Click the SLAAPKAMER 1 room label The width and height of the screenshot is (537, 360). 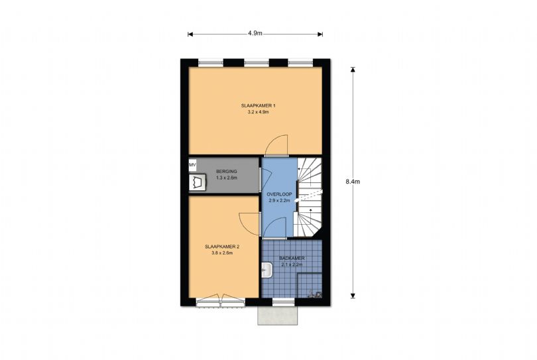[x=259, y=105]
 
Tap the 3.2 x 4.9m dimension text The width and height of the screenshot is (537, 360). [x=259, y=112]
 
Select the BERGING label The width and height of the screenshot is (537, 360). [x=226, y=171]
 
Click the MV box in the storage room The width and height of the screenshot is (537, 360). [x=192, y=165]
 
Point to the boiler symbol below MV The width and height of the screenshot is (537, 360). [x=197, y=182]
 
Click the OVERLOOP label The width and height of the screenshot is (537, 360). [x=280, y=194]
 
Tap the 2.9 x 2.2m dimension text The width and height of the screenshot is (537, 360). [x=280, y=201]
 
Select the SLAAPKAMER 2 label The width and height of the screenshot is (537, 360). [x=222, y=246]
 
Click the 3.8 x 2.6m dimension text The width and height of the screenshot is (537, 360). [x=222, y=253]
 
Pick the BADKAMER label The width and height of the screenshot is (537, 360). [x=292, y=259]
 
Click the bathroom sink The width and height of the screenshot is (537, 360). [x=267, y=270]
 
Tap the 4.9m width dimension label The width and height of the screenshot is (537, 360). [x=255, y=34]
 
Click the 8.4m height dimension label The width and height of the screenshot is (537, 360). [x=353, y=182]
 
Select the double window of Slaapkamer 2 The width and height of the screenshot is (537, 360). [x=221, y=300]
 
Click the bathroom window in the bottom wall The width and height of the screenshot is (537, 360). [x=283, y=302]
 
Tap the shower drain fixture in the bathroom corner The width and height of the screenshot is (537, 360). [x=315, y=294]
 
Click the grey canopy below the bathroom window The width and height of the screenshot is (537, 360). [x=277, y=315]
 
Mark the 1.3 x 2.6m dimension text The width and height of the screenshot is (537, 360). [x=226, y=178]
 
